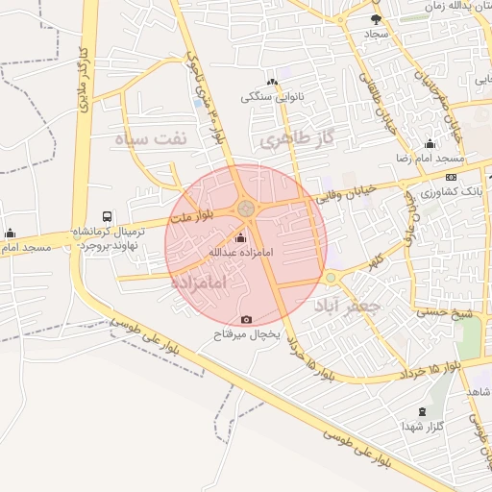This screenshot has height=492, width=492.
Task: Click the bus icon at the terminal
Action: pyautogui.click(x=106, y=217)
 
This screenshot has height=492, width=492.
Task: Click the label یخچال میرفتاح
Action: pyautogui.click(x=246, y=334)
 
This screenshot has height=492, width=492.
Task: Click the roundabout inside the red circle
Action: pyautogui.click(x=247, y=208)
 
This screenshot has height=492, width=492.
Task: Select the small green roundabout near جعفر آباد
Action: pyautogui.click(x=331, y=278)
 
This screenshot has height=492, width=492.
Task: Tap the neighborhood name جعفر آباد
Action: pyautogui.click(x=349, y=305)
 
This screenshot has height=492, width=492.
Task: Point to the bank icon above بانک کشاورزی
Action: pyautogui.click(x=451, y=177)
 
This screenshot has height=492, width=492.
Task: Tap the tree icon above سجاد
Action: pyautogui.click(x=375, y=18)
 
